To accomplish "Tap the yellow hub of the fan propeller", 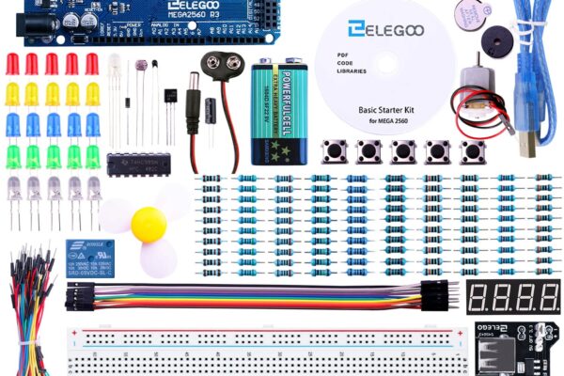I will pos(148,224).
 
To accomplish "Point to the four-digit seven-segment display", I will pos(512,297).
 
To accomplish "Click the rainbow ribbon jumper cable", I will pos(254,296).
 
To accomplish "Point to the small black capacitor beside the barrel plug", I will pos(213,109).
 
